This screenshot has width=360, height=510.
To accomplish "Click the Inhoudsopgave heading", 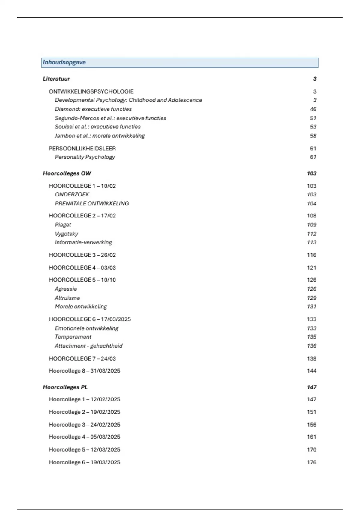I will point(64,62).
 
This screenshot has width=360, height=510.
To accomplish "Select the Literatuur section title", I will point(56,79).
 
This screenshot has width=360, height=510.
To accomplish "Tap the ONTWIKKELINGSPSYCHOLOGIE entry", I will point(91,91).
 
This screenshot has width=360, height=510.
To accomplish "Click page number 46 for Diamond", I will point(313,109).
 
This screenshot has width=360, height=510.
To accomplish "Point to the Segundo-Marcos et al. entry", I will point(110,118).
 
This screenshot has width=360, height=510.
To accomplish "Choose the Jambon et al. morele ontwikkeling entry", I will point(100,136).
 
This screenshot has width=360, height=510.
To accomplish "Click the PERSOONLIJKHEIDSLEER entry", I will point(82,148).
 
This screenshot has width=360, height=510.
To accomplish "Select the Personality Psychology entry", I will point(85,157).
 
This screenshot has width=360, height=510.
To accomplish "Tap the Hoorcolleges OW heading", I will point(67,173).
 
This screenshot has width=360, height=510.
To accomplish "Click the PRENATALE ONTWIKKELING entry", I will point(92,203).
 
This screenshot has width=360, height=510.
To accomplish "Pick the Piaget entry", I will point(63,225).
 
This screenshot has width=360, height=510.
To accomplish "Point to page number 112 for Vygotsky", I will point(312,234).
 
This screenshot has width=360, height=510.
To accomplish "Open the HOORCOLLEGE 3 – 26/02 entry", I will point(82,255).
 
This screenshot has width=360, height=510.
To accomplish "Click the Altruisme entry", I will point(67,298).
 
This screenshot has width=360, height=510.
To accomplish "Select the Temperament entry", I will point(73,337).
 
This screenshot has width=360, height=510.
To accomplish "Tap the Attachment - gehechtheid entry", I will point(88,346).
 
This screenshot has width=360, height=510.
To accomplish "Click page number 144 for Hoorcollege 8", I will point(312,371).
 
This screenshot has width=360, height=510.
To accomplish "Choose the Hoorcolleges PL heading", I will point(65,387).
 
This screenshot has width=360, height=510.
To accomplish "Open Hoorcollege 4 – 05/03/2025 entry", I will point(84,437).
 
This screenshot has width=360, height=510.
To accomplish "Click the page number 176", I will point(312,462).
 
